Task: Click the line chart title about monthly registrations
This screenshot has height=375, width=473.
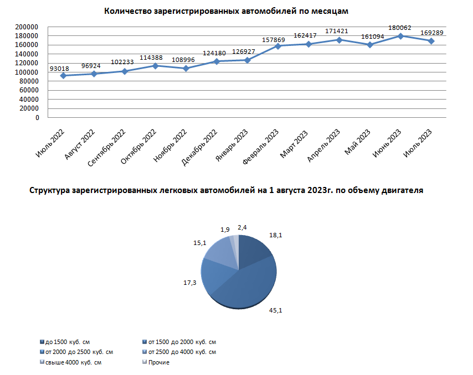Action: click(x=227, y=11)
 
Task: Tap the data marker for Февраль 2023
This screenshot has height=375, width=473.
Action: click(x=277, y=46)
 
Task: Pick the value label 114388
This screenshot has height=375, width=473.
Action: click(x=156, y=58)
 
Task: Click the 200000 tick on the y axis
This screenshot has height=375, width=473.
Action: click(x=27, y=27)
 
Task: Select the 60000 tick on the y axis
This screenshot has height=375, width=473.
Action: click(x=28, y=91)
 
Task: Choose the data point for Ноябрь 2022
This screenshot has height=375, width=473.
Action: click(x=186, y=68)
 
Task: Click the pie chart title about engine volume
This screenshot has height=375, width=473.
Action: click(x=225, y=190)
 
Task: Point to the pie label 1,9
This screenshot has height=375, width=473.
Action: click(x=225, y=229)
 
